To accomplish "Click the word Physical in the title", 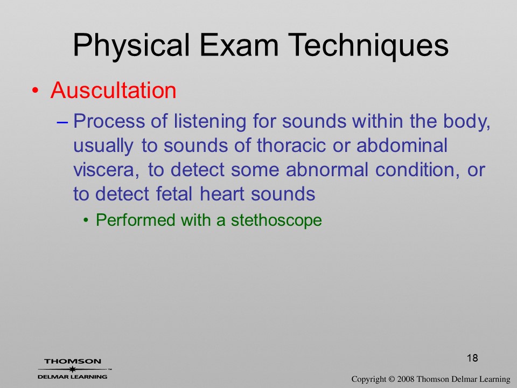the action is pyautogui.click(x=131, y=45).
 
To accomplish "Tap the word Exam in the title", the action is pyautogui.click(x=239, y=45).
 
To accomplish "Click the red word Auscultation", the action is pyautogui.click(x=114, y=90).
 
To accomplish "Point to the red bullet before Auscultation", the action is pyautogui.click(x=36, y=91).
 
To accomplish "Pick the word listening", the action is pyautogui.click(x=210, y=121).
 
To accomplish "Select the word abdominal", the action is pyautogui.click(x=402, y=145).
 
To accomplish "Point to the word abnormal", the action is pyautogui.click(x=327, y=170).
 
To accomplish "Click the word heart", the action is pyautogui.click(x=221, y=193).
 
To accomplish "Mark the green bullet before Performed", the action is pyautogui.click(x=86, y=220).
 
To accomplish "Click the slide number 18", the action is pyautogui.click(x=472, y=358).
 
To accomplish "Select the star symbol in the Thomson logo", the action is pyautogui.click(x=72, y=369).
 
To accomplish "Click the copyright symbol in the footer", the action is pyautogui.click(x=392, y=379).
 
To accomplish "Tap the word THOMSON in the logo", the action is pyautogui.click(x=73, y=361).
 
